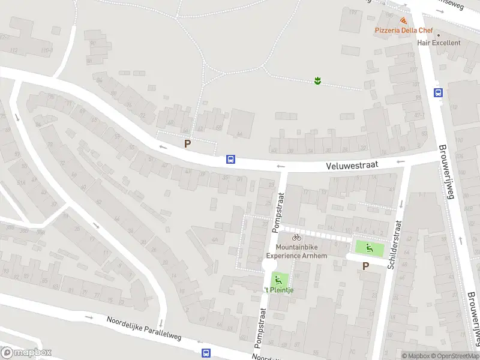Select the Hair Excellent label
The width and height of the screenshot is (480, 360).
pyautogui.click(x=439, y=43)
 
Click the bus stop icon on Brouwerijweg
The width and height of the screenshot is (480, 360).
pyautogui.click(x=439, y=92)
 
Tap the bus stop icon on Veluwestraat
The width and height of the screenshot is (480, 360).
pyautogui.click(x=230, y=159)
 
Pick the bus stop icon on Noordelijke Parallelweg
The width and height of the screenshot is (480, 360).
pyautogui.click(x=206, y=353)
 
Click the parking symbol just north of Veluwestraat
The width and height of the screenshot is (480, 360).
pyautogui.click(x=187, y=144)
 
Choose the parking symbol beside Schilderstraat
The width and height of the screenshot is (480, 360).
pyautogui.click(x=365, y=266)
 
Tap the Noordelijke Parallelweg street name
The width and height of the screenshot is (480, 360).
pyautogui.click(x=143, y=327)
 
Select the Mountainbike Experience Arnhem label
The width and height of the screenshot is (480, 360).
pyautogui.click(x=297, y=251)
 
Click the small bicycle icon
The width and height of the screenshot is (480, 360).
pyautogui.click(x=296, y=238)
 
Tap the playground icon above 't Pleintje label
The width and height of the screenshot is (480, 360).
pyautogui.click(x=278, y=278)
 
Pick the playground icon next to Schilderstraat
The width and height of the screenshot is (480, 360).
pyautogui.click(x=367, y=246)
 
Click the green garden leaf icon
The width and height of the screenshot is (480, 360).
pyautogui.click(x=317, y=80)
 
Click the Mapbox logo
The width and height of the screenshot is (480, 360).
pyautogui.click(x=26, y=353)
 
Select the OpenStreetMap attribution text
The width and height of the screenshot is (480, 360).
pyautogui.click(x=454, y=356)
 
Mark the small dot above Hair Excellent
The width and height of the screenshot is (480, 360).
pyautogui.click(x=438, y=34)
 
